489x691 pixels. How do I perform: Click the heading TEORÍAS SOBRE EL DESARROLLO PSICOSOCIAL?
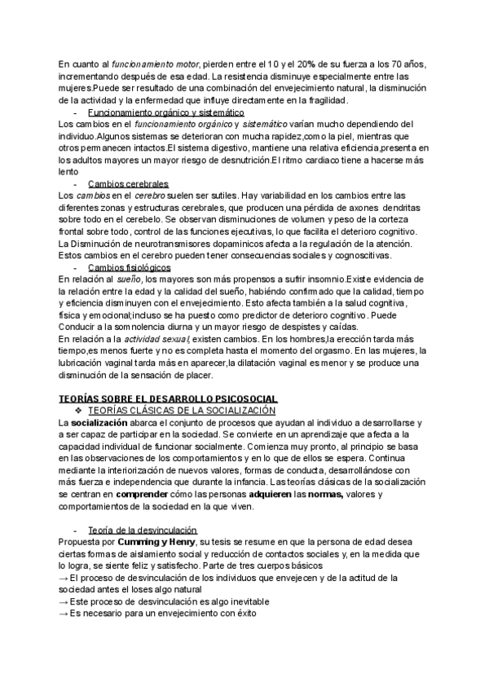(169, 398)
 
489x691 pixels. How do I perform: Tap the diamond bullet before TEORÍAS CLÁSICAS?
(79, 411)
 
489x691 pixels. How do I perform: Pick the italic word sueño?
(132, 279)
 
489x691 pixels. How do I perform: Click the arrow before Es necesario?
(64, 612)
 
